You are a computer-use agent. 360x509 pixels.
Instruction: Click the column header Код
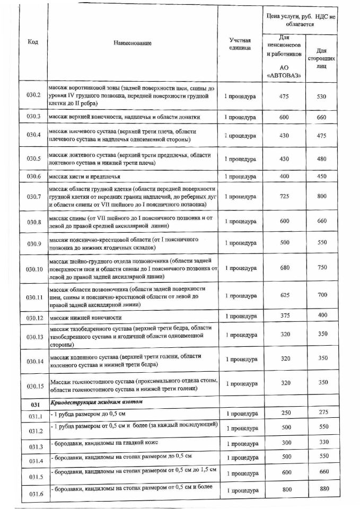point(32,42)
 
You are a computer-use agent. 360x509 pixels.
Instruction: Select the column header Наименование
point(132,43)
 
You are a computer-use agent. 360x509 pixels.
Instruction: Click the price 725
point(284,197)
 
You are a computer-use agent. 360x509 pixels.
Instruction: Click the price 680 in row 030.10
point(284,268)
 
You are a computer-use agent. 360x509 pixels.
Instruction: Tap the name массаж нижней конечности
point(85,317)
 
